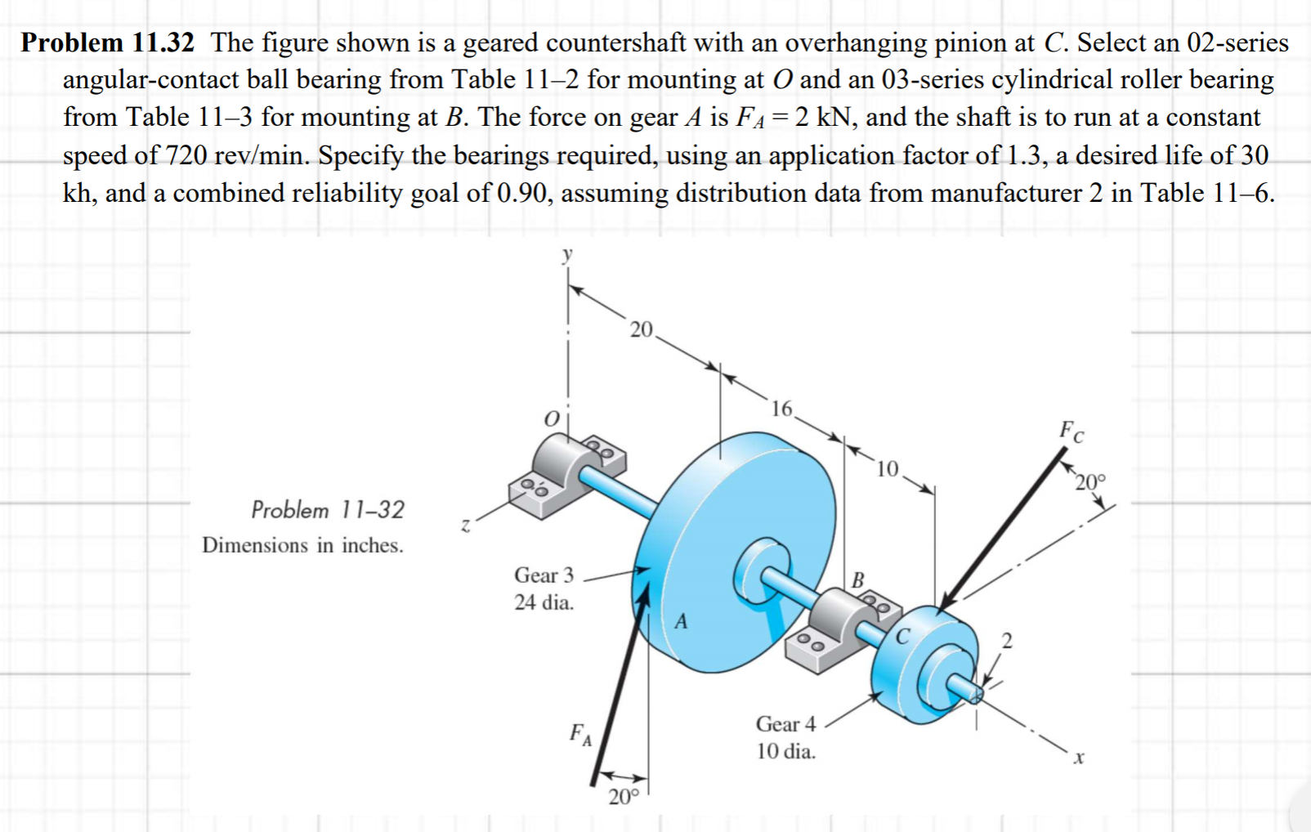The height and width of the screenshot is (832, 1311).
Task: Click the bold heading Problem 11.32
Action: [108, 42]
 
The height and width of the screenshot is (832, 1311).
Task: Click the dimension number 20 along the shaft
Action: [641, 329]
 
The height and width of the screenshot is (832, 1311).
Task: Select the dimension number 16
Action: [781, 408]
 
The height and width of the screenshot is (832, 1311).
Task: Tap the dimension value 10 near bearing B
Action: [887, 469]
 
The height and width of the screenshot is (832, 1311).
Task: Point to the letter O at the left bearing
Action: [552, 418]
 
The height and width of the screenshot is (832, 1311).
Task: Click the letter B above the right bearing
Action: [857, 580]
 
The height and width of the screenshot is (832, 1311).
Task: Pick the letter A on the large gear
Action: [681, 622]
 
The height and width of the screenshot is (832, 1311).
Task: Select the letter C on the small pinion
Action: [903, 636]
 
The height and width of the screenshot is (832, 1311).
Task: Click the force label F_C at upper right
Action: [1072, 431]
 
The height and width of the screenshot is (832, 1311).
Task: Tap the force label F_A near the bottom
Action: [580, 735]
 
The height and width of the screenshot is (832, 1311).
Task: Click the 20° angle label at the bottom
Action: [623, 797]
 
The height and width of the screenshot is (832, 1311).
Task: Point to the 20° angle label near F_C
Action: [1090, 482]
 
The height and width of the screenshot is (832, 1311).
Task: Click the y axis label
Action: [567, 255]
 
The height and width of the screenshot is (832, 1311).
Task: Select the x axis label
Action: [1079, 758]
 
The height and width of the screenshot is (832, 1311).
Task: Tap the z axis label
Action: [465, 526]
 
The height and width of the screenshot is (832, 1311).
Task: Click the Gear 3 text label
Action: [544, 575]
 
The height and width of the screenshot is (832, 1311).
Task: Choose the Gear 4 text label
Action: [785, 724]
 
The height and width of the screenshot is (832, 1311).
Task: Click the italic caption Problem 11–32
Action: [328, 510]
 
